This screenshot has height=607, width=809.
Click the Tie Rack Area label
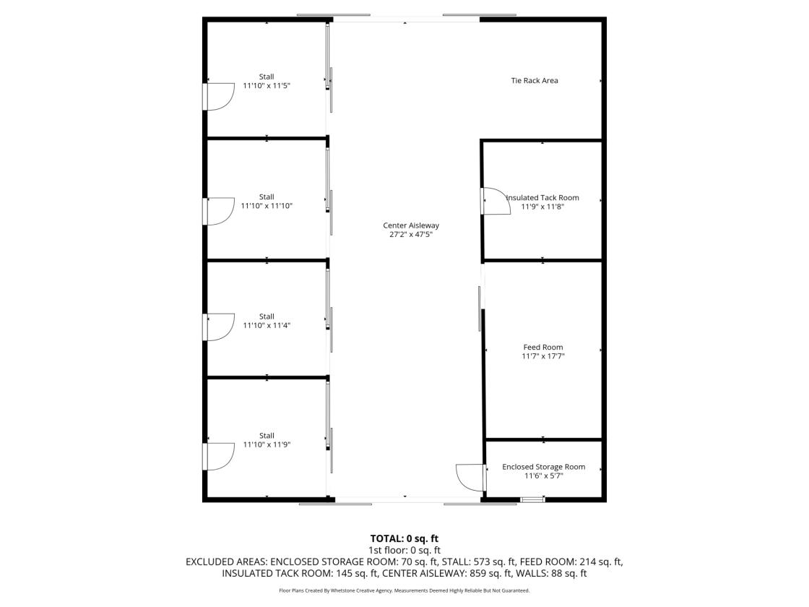(535, 80)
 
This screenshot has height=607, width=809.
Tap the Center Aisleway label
(411, 225)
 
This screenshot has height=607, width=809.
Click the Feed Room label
(543, 348)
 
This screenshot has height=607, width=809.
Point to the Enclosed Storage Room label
(544, 467)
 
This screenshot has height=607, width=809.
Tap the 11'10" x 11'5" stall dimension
(267, 86)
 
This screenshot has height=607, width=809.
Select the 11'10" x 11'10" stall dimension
(267, 206)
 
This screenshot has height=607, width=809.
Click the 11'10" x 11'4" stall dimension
(267, 326)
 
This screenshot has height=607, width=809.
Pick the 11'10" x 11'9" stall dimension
(267, 445)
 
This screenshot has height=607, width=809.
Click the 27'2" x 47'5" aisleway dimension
(411, 235)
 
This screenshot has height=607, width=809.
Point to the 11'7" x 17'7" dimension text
(543, 356)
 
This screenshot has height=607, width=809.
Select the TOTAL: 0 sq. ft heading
(404, 539)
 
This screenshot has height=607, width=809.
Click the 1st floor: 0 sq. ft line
(404, 551)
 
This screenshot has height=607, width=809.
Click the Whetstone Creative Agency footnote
(404, 591)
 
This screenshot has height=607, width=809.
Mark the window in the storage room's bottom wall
(532, 499)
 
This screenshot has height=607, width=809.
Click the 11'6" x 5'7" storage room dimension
(544, 476)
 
